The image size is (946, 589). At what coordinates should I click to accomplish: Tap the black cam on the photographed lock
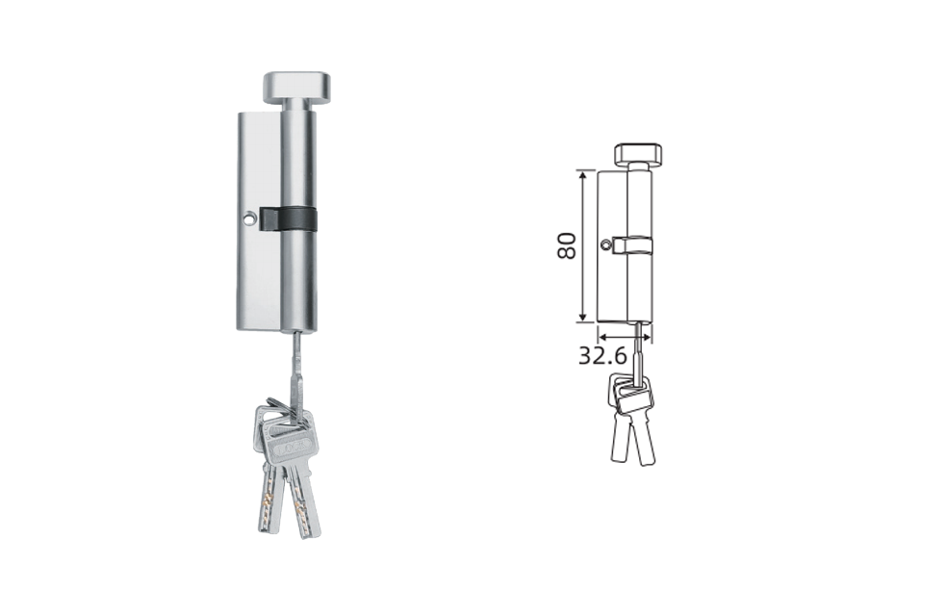click(288, 219)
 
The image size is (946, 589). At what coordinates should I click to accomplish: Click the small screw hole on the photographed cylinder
click(248, 218)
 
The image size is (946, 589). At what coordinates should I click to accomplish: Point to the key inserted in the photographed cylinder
click(297, 374)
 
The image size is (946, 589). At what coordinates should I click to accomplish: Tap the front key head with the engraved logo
click(294, 446)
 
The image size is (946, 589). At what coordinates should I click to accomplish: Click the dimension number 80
click(567, 245)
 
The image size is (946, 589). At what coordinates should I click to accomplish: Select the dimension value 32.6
click(603, 356)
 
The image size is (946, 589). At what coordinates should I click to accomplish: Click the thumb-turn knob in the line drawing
click(640, 153)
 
